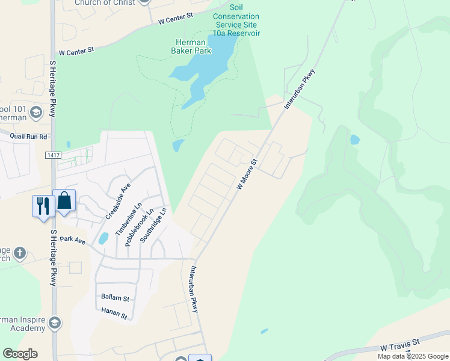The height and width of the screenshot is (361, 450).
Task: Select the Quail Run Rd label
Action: pyautogui.click(x=28, y=137)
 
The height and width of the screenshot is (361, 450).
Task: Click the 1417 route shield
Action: pyautogui.click(x=54, y=155)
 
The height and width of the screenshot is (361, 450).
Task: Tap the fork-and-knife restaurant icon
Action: pyautogui.click(x=43, y=206)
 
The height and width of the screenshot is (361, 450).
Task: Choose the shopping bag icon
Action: pyautogui.click(x=64, y=200)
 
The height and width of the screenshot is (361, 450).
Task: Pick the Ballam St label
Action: pyautogui.click(x=115, y=298)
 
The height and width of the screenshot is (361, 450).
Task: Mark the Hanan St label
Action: pyautogui.click(x=114, y=315)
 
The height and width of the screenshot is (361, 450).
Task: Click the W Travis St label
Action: pyautogui.click(x=399, y=347)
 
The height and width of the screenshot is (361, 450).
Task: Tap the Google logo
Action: pyautogui.click(x=20, y=354)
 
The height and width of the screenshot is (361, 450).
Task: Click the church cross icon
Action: pyautogui.click(x=20, y=253)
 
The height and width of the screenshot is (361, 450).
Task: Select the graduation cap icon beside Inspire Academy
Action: pyautogui.click(x=55, y=323)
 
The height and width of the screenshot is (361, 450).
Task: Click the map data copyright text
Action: pyautogui.click(x=413, y=356)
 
